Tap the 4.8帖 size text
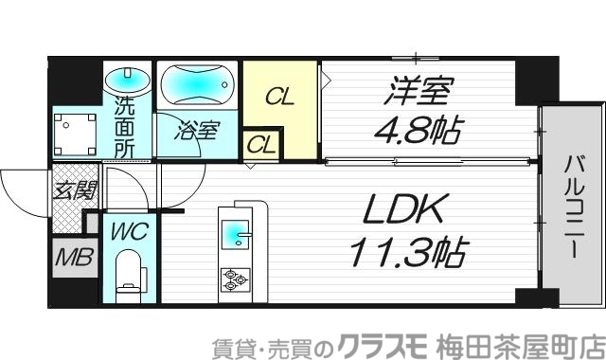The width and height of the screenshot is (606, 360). (415, 130)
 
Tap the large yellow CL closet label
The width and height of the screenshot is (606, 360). (279, 96)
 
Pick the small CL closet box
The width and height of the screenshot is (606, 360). (261, 146)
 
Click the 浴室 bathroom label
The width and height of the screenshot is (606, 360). (196, 131)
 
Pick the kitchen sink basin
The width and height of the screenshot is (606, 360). (234, 230)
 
